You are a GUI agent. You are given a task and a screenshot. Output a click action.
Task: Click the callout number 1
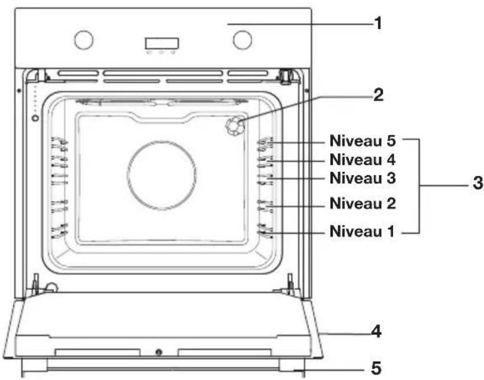378,23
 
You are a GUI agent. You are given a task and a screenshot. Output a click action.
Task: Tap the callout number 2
378,95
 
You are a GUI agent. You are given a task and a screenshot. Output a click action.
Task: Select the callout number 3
478,183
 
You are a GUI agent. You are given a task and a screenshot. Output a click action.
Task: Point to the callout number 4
376,332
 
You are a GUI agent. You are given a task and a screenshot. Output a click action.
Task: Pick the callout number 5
376,368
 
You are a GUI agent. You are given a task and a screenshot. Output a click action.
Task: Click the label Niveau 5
363,141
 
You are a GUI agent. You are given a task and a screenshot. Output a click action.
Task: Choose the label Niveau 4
363,160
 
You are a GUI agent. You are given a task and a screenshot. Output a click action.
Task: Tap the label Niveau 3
363,178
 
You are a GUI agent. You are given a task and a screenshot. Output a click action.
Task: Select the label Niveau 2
363,203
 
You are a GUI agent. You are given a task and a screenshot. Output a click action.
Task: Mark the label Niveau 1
362,231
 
